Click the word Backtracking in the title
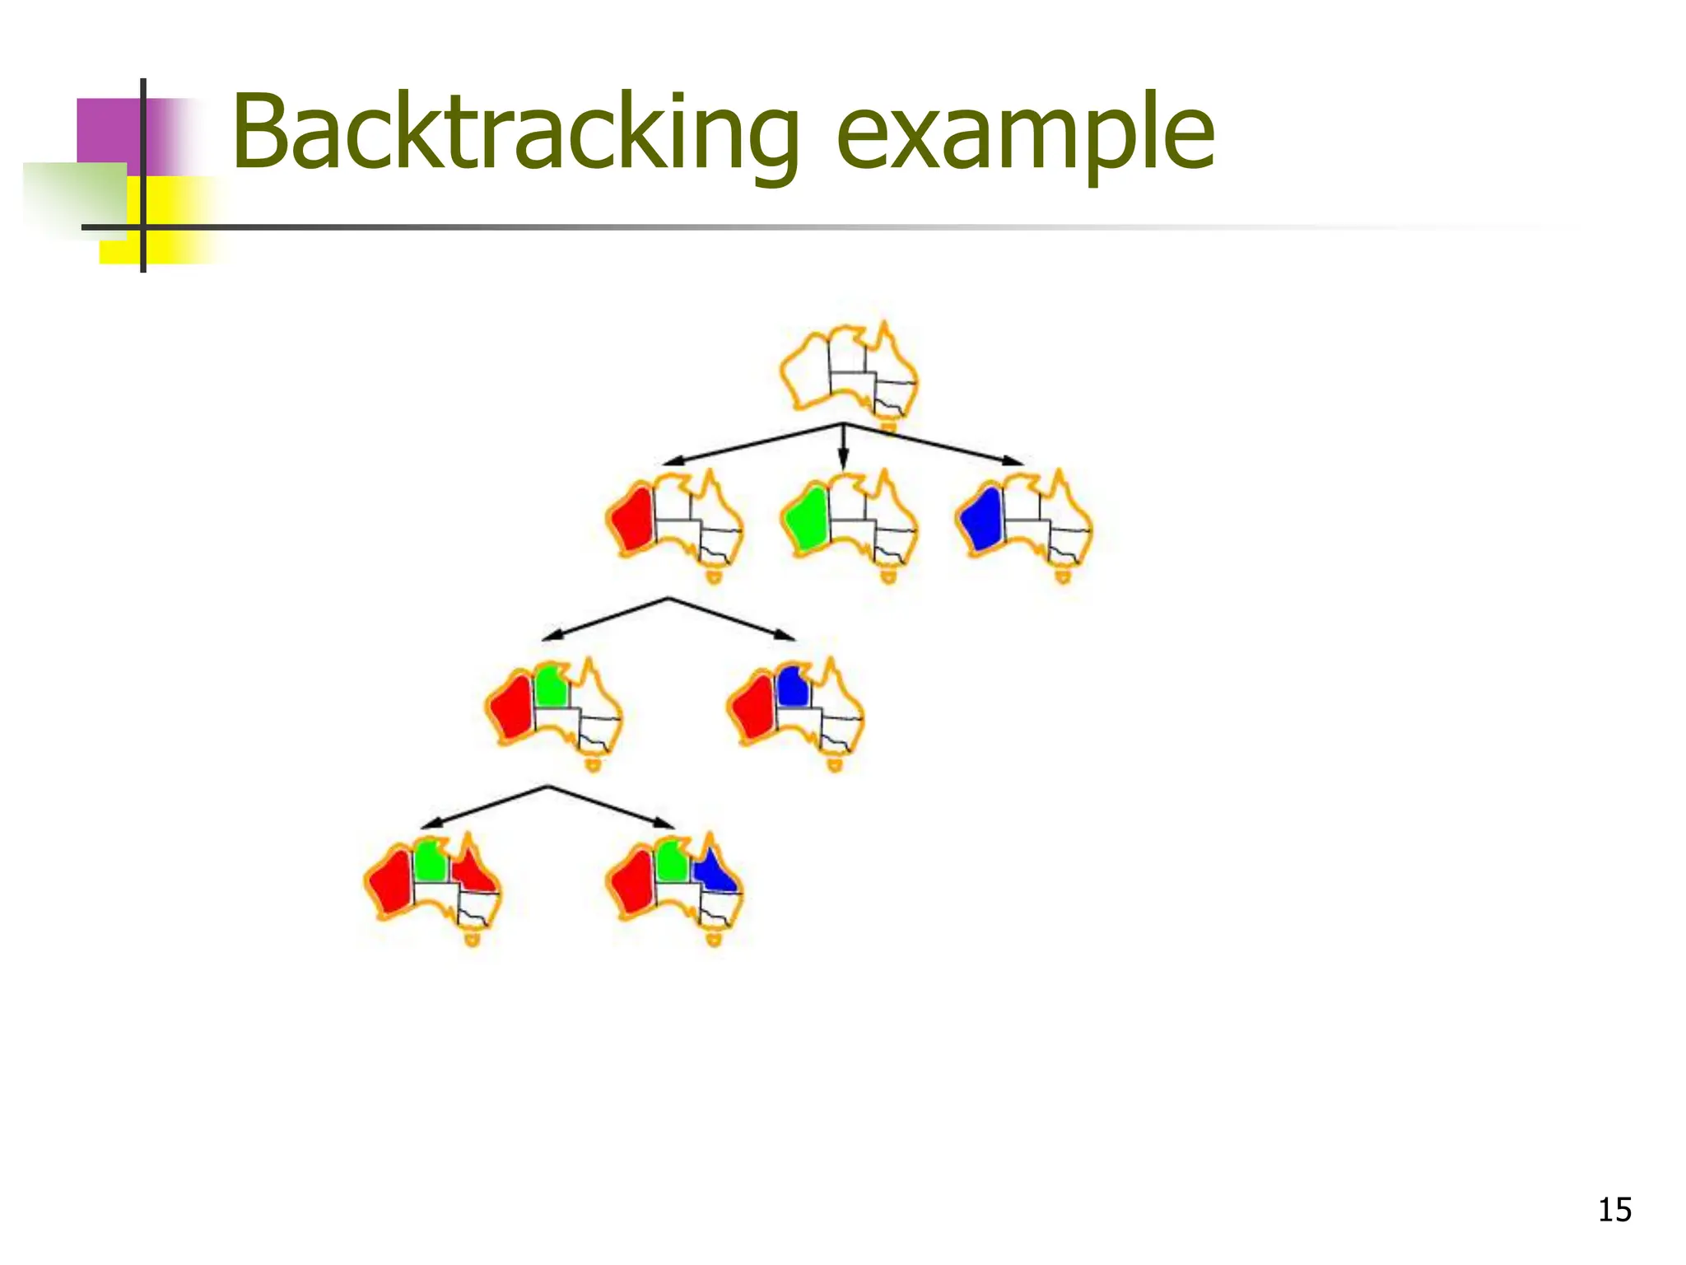[515, 133]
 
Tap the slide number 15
[1614, 1210]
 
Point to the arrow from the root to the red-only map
[749, 445]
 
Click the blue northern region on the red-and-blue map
[792, 686]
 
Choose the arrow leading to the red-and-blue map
[733, 618]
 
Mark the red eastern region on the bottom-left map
[473, 871]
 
